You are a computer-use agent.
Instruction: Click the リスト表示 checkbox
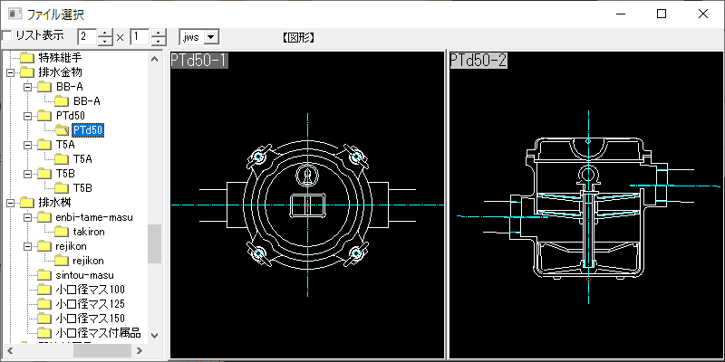pos(7,35)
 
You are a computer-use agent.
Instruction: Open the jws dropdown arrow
pos(211,37)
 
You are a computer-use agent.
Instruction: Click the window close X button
pos(703,14)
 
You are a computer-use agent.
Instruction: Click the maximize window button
pos(662,14)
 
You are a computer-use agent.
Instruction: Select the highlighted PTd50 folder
pos(88,130)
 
